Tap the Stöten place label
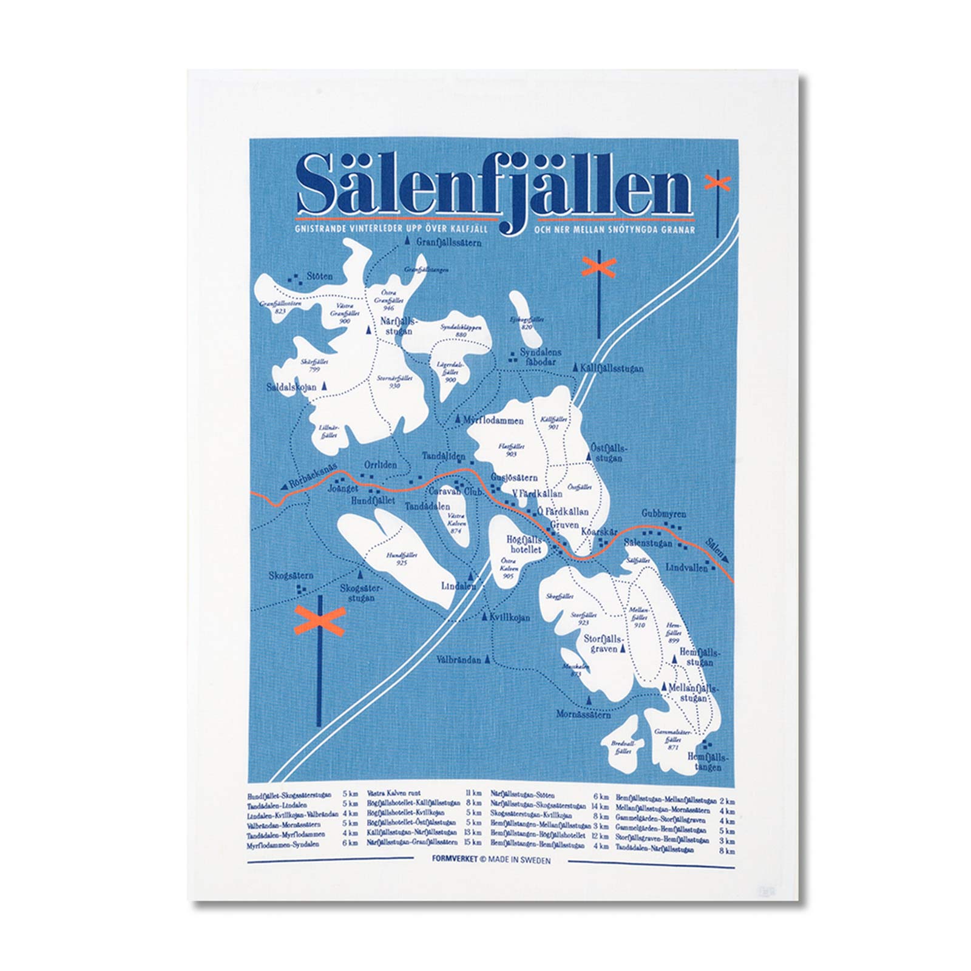coord(319,277)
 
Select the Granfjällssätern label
coord(449,243)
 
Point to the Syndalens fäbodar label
coord(536,357)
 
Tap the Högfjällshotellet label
coord(524,544)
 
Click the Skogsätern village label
coord(293,575)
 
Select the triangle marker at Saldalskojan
coord(324,385)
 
